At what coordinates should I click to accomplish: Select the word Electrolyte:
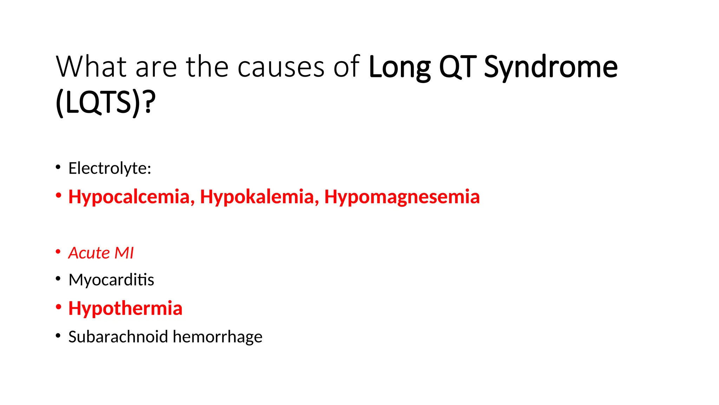click(110, 168)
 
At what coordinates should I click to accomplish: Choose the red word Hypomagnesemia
click(402, 197)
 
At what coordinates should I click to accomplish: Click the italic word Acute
click(89, 253)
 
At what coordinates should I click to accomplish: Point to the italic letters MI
click(124, 253)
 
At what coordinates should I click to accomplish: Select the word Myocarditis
click(111, 280)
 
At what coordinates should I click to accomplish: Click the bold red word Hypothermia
click(125, 308)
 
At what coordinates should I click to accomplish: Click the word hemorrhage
click(217, 336)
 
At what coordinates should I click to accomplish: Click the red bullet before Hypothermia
click(58, 307)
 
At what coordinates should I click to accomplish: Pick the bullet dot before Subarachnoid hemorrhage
click(58, 335)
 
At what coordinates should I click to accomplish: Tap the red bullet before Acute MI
click(58, 252)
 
